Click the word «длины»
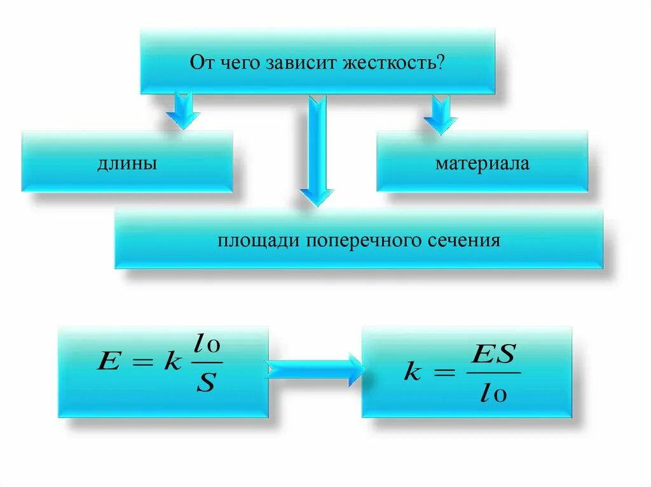pos(127,164)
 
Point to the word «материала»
pos(482,164)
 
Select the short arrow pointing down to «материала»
pos(441,114)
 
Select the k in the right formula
pos(413,373)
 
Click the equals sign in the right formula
pos(444,373)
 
